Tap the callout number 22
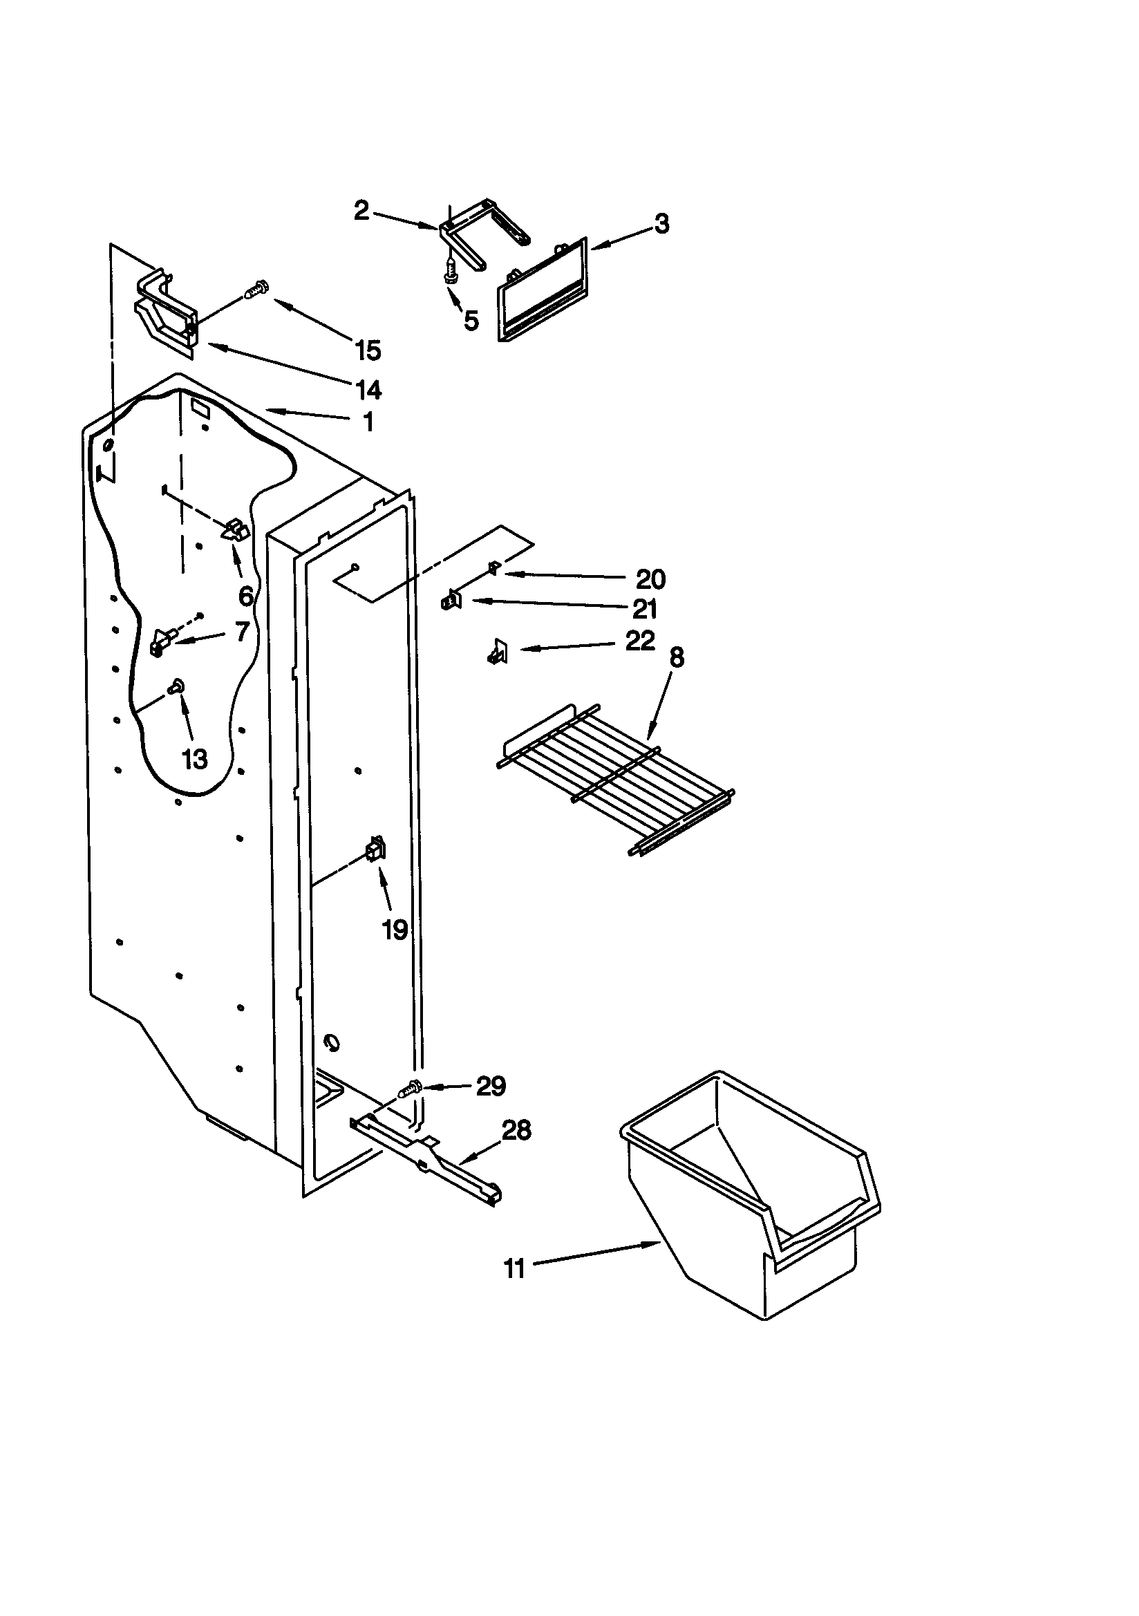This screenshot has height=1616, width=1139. point(640,641)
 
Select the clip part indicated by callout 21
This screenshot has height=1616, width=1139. point(450,601)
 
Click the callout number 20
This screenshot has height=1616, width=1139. point(650,579)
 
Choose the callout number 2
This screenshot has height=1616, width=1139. point(361,209)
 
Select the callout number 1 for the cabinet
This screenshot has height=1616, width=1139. point(368,422)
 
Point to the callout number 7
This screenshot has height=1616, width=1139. point(242,631)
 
